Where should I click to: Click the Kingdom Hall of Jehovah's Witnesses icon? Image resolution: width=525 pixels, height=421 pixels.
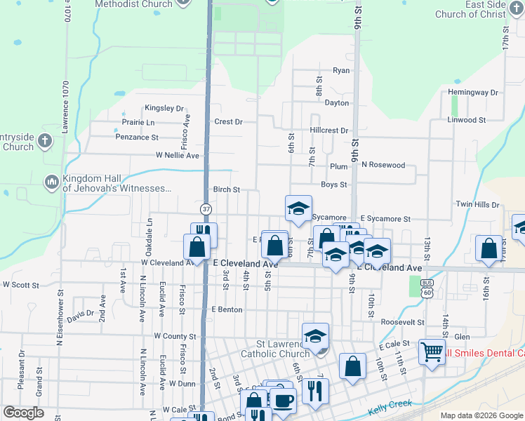[x=51, y=182]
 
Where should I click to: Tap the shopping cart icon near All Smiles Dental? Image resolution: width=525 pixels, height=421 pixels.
[x=430, y=352]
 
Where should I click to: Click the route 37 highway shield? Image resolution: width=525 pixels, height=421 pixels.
[x=206, y=208]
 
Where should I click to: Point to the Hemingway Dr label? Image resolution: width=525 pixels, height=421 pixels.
[x=472, y=92]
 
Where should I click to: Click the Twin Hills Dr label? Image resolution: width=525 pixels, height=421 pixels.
[x=477, y=204]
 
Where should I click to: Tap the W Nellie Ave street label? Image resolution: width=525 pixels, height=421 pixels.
[x=178, y=155]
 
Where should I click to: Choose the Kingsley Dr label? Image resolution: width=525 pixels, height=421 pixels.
[x=164, y=108]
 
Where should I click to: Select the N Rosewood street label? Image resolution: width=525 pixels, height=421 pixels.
[x=384, y=165]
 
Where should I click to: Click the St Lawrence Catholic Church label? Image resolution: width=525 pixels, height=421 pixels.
[x=274, y=349]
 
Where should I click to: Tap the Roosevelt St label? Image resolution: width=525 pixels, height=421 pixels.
[x=401, y=321]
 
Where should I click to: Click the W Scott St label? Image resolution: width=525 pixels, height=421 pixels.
[x=21, y=285]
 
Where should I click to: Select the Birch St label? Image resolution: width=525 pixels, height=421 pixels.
[x=227, y=189]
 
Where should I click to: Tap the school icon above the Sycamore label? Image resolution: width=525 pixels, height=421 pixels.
[x=298, y=208]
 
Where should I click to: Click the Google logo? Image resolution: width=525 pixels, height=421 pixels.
[x=24, y=413]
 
